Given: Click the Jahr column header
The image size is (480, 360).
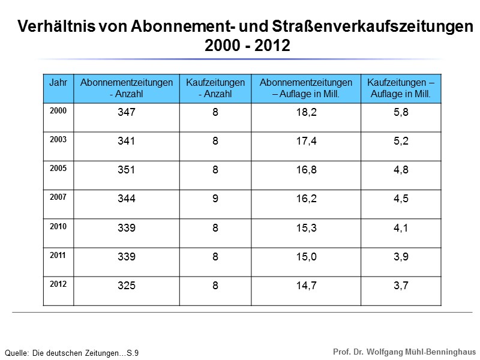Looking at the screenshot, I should pyautogui.click(x=58, y=82).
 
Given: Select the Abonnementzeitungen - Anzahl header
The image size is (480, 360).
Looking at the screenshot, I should pyautogui.click(x=127, y=88).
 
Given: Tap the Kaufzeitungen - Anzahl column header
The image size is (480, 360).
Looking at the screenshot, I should pyautogui.click(x=215, y=88).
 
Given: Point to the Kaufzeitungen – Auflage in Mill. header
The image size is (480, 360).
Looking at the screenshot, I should pyautogui.click(x=401, y=88).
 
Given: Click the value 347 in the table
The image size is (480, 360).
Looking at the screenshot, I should pyautogui.click(x=127, y=113).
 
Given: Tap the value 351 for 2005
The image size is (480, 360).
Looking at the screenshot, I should pyautogui.click(x=127, y=170).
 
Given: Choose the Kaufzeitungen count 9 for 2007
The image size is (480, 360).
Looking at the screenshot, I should pyautogui.click(x=215, y=199).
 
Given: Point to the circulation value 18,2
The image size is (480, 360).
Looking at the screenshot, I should pyautogui.click(x=306, y=113).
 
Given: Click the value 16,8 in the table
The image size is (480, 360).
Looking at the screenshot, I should pyautogui.click(x=306, y=170).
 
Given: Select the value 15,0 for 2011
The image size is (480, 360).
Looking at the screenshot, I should pyautogui.click(x=306, y=257).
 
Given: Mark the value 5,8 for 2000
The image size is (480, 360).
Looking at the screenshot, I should pyautogui.click(x=401, y=113).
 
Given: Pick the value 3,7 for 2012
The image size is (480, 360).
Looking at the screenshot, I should pyautogui.click(x=401, y=286).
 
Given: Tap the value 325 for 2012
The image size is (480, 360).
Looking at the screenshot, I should pyautogui.click(x=127, y=286).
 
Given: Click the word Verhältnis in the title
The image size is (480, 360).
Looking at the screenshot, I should pyautogui.click(x=55, y=28).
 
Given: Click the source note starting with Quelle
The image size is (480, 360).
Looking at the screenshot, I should pyautogui.click(x=71, y=353).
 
